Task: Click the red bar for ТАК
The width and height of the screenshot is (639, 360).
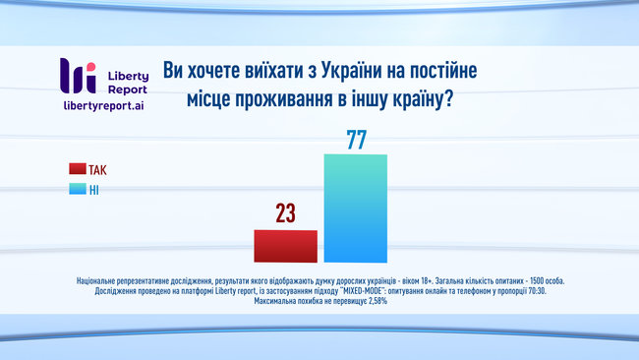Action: coord(286,246)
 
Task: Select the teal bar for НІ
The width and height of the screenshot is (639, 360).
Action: coord(356,209)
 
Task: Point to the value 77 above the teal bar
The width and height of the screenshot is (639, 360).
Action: coord(356,139)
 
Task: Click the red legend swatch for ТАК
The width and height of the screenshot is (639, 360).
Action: coord(78,169)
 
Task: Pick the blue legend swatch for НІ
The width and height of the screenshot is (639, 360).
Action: coord(78,189)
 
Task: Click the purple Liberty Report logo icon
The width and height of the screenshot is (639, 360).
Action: coord(78,76)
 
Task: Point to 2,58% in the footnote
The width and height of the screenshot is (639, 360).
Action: coord(372,302)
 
